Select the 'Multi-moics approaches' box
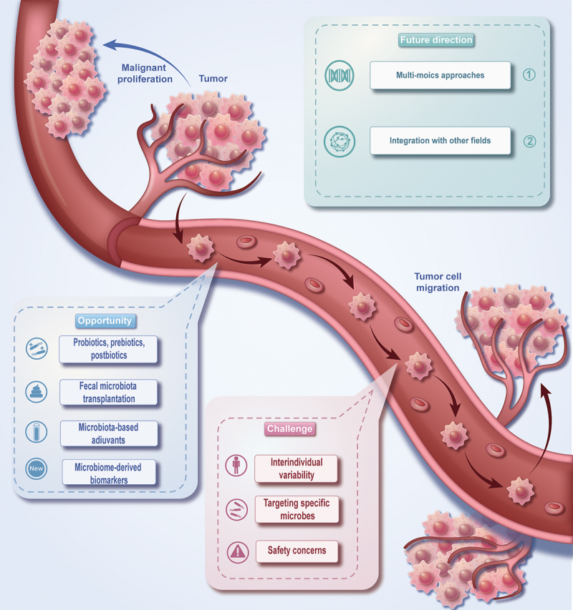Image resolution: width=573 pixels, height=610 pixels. [440, 75]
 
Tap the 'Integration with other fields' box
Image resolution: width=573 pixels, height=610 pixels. [440, 140]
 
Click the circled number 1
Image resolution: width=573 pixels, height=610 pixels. [529, 75]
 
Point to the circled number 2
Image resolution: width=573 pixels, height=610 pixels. [529, 140]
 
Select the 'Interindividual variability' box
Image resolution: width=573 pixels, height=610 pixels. [296, 468]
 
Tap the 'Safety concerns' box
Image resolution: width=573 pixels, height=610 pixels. [296, 551]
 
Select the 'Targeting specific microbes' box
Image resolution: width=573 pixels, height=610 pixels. [296, 510]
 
